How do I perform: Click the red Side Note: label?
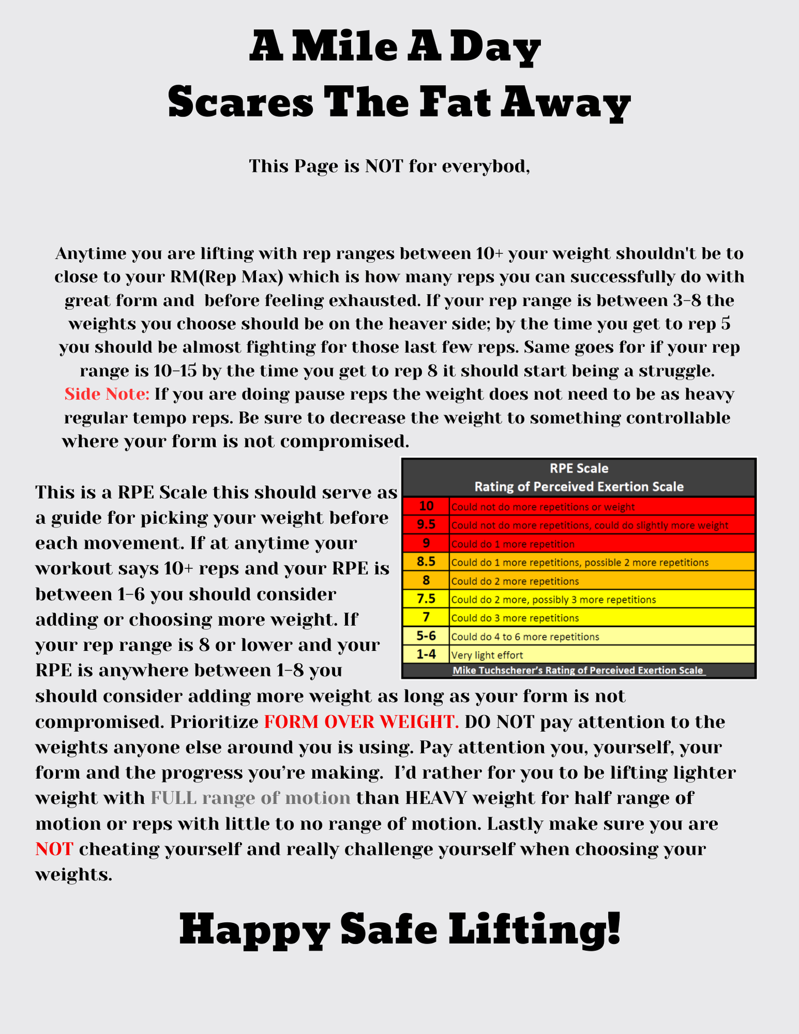[x=107, y=394]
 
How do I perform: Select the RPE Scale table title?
[x=578, y=468]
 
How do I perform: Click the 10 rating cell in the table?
[x=426, y=506]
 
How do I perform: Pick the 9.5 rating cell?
[x=426, y=524]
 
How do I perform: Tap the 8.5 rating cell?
[x=426, y=561]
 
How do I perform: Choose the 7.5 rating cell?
[x=426, y=599]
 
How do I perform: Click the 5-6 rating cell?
[x=426, y=636]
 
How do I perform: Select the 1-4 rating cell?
[x=426, y=654]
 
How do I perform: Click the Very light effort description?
[x=487, y=655]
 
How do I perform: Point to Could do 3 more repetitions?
[x=515, y=618]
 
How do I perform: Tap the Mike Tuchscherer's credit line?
[x=578, y=670]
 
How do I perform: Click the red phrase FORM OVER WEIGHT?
[x=361, y=722]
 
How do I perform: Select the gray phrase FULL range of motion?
[x=250, y=798]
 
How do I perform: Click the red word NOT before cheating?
[x=54, y=849]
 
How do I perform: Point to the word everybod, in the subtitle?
[x=486, y=166]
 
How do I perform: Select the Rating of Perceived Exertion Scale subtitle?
[x=578, y=487]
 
